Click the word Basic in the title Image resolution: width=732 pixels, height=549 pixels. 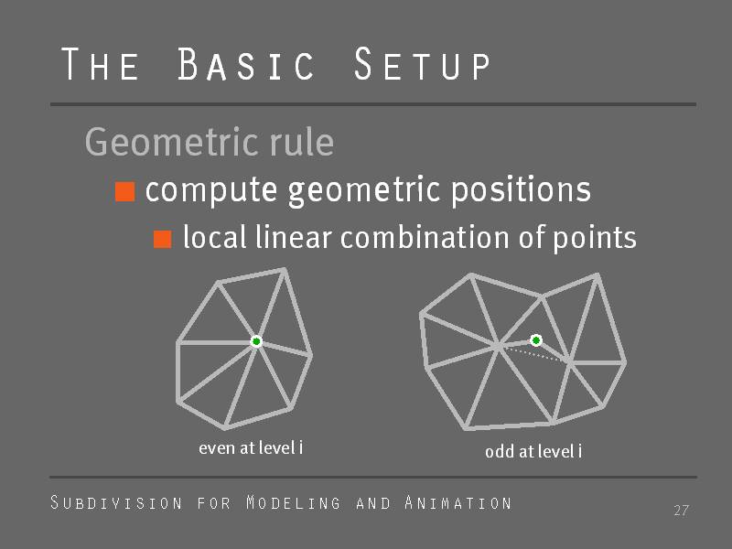pos(245,64)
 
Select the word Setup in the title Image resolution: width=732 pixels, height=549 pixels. pos(422,64)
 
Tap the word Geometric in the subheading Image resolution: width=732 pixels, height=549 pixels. pos(171,143)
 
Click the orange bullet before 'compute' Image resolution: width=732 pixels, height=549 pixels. pos(125,191)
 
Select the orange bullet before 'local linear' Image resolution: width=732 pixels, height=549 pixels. pos(163,239)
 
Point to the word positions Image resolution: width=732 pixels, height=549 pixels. pos(521,191)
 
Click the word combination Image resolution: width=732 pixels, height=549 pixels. pos(425,237)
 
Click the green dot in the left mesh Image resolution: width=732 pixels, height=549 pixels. pos(256,341)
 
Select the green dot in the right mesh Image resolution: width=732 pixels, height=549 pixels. pos(536,340)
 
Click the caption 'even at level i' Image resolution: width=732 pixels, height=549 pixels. pos(251,447)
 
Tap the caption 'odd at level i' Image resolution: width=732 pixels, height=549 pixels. pos(533,451)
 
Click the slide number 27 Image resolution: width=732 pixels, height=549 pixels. pos(681,511)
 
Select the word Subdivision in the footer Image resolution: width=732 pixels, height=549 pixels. pos(116,502)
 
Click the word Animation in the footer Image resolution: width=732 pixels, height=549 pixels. pos(458,502)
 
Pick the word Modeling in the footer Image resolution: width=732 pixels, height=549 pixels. pos(293,502)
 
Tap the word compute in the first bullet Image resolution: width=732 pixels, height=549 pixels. pos(211,191)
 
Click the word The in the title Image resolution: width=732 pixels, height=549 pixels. pos(100,64)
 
